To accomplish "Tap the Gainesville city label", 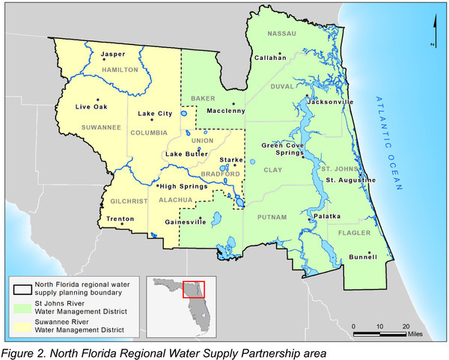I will pyautogui.click(x=185, y=222).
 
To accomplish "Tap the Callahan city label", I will pyautogui.click(x=270, y=57).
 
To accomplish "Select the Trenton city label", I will pyautogui.click(x=120, y=219).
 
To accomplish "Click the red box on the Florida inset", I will pyautogui.click(x=199, y=287).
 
